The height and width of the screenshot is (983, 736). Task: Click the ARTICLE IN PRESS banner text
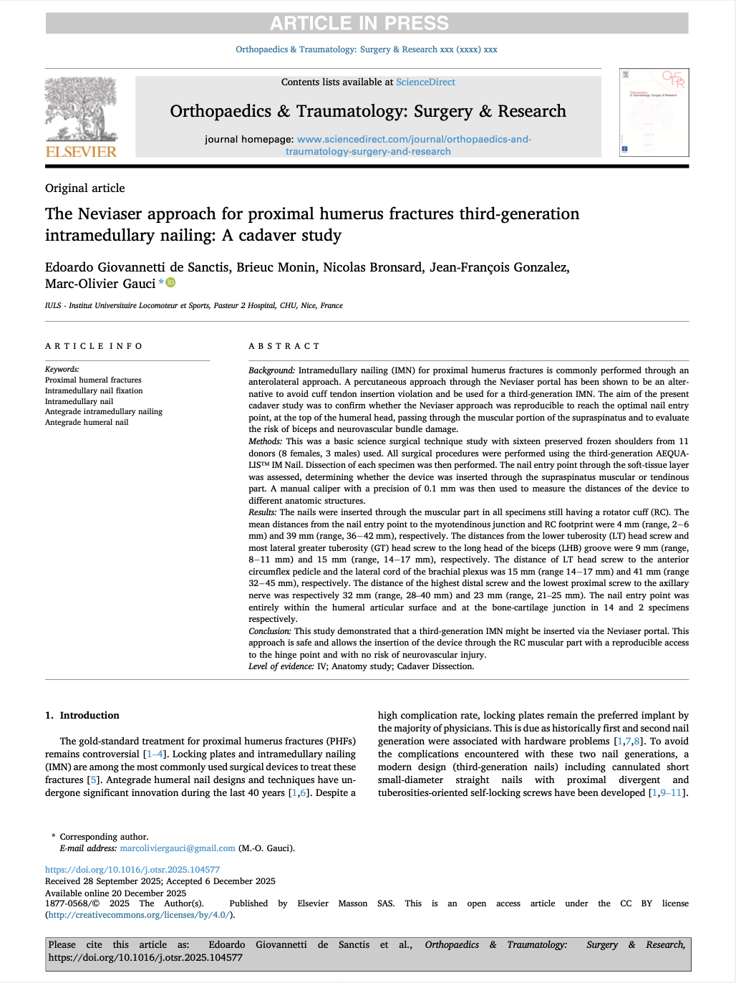pyautogui.click(x=359, y=23)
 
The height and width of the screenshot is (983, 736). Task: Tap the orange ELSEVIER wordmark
pyautogui.click(x=81, y=152)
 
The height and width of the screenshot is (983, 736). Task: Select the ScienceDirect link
pyautogui.click(x=425, y=82)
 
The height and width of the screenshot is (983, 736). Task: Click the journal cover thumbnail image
pyautogui.click(x=654, y=112)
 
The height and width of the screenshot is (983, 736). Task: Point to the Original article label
pyautogui.click(x=84, y=188)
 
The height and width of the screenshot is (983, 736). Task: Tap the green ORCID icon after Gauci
pyautogui.click(x=170, y=283)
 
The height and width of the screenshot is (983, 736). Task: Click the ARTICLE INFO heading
pyautogui.click(x=94, y=346)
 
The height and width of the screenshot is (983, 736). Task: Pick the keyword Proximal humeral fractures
pyautogui.click(x=93, y=380)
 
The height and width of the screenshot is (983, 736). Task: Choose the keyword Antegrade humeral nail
pyautogui.click(x=87, y=423)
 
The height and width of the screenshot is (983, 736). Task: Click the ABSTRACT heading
pyautogui.click(x=284, y=346)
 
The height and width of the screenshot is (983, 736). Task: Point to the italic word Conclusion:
pyautogui.click(x=270, y=631)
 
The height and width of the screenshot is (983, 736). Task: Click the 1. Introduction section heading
pyautogui.click(x=82, y=716)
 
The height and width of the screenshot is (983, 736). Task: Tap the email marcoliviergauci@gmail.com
pyautogui.click(x=178, y=848)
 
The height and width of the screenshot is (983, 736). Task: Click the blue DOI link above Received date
pyautogui.click(x=132, y=870)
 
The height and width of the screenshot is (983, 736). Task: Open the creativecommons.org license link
pyautogui.click(x=139, y=915)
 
